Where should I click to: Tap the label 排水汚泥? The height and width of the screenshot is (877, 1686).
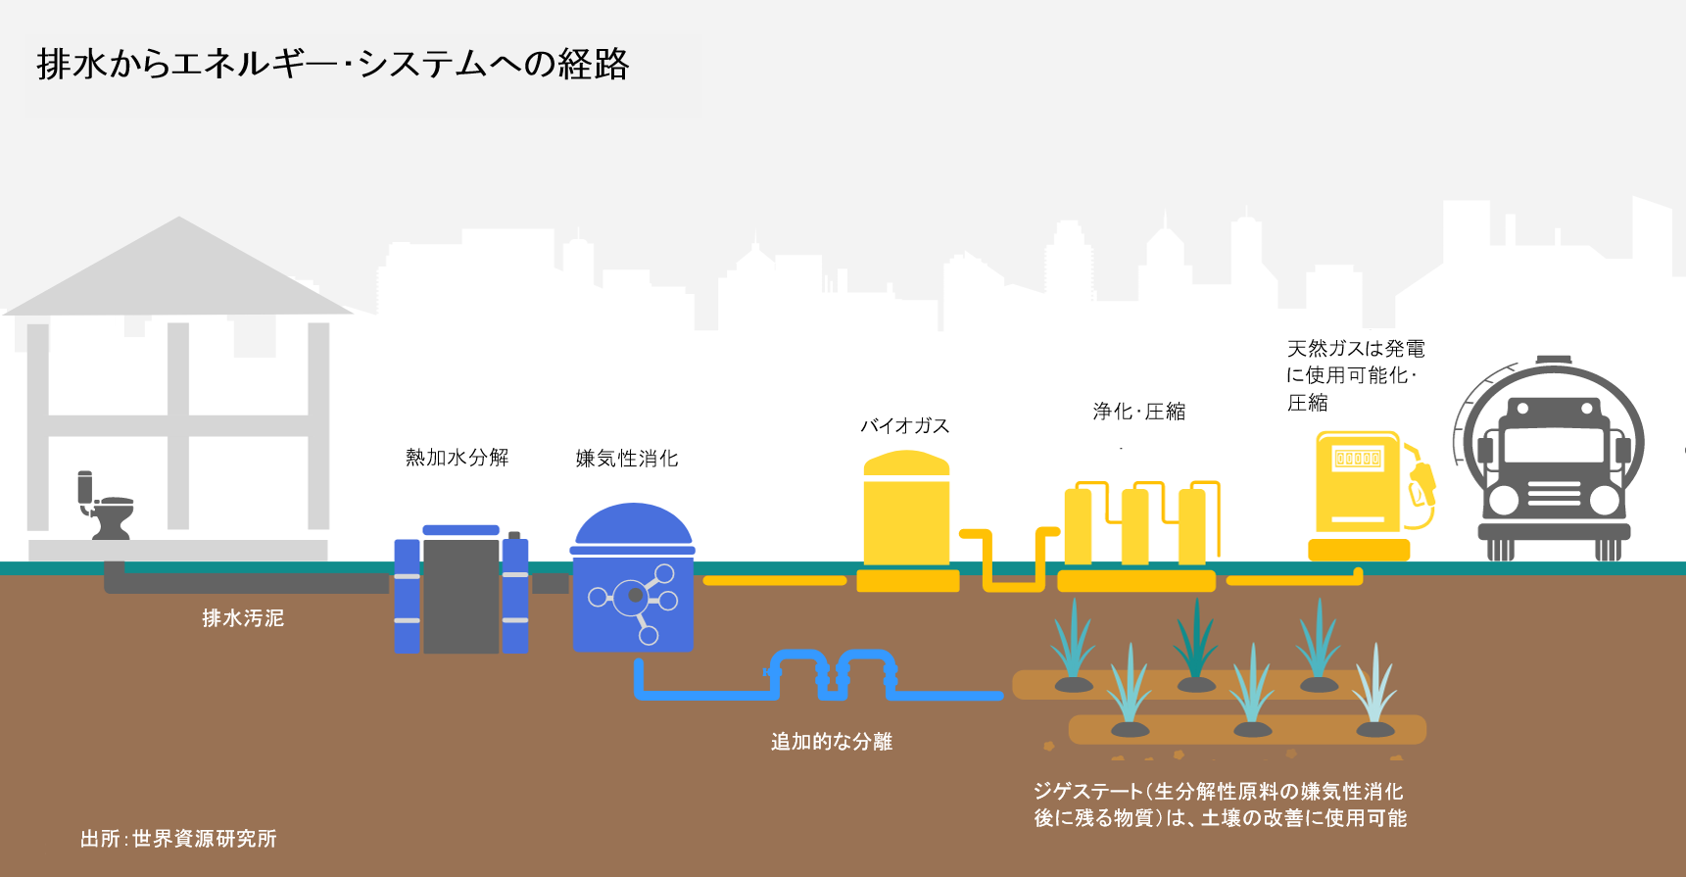pos(243,618)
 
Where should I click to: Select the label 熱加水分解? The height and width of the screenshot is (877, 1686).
pos(457,458)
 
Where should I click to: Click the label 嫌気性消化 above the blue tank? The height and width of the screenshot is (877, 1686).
pos(627,459)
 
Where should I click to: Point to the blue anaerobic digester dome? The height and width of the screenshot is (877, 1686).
pos(633,525)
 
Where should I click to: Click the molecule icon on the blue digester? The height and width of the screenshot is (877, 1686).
pos(636,596)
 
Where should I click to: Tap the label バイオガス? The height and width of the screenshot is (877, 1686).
pos(904,426)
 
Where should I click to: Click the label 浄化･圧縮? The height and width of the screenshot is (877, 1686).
pos(1139,412)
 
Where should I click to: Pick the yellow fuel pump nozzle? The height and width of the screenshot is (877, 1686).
pos(1422,480)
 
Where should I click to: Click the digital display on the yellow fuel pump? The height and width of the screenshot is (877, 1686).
pos(1358,459)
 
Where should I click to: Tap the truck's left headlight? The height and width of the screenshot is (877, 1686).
pos(1502,501)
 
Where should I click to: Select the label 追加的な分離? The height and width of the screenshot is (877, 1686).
pos(832,742)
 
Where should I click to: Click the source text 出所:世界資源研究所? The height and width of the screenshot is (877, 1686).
pos(178,839)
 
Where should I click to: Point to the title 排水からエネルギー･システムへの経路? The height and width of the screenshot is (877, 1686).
pos(333,65)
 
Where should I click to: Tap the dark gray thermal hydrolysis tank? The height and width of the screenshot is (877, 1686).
pos(460,595)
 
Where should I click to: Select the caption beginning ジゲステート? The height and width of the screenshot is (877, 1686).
pos(1220,804)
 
